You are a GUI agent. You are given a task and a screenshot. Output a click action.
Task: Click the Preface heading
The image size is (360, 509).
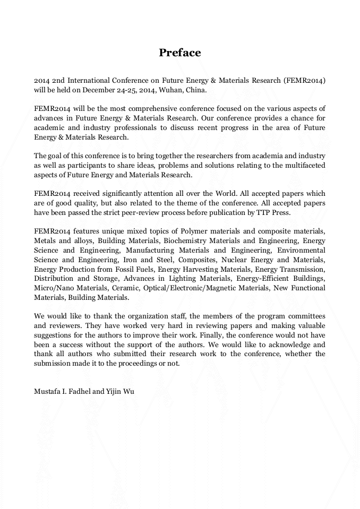tap(180, 53)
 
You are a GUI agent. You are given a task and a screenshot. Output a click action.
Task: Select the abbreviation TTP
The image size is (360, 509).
tap(276, 212)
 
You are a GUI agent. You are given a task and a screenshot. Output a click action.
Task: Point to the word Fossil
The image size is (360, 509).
tap(125, 269)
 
